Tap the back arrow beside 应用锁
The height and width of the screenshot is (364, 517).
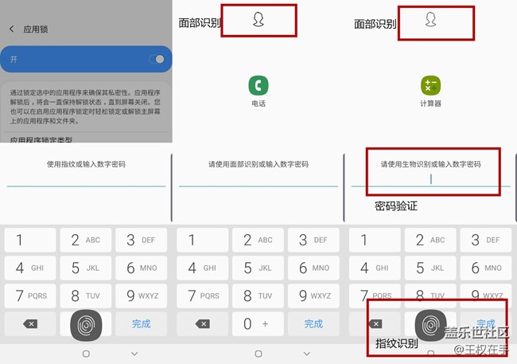tap(12, 29)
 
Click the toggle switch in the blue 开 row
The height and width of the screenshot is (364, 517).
tap(158, 59)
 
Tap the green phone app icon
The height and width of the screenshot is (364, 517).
tap(258, 85)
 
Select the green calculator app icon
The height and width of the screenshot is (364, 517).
tap(430, 85)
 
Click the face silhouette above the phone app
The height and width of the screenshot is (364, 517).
tap(258, 20)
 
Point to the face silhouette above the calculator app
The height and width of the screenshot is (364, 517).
tap(430, 20)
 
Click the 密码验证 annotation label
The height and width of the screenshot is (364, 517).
tap(396, 205)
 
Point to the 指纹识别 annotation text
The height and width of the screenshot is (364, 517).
tap(397, 343)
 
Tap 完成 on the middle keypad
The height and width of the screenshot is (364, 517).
tap(313, 323)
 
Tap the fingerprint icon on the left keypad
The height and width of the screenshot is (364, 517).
tap(86, 324)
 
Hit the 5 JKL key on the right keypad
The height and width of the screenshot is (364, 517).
tap(430, 268)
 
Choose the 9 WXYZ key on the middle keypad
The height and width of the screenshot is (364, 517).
tap(313, 296)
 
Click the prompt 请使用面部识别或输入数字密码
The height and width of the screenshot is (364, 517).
tap(258, 164)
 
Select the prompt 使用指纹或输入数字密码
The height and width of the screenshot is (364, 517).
tap(86, 164)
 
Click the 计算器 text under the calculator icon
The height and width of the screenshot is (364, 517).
tap(430, 104)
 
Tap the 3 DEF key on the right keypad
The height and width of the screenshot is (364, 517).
tap(486, 240)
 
